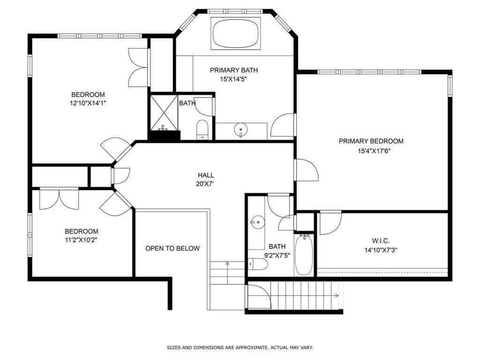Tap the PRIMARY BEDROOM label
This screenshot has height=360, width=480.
tap(371, 141)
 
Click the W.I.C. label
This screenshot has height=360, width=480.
tap(380, 240)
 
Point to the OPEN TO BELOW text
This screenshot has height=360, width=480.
tap(172, 248)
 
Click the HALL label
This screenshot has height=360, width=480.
tap(205, 175)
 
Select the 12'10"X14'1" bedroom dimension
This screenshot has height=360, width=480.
tap(88, 103)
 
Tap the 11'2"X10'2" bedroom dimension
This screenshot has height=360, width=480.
tap(81, 240)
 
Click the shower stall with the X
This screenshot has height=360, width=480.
tap(163, 112)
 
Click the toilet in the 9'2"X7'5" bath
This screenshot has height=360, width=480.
tap(258, 265)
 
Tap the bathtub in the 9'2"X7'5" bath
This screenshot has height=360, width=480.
tap(304, 255)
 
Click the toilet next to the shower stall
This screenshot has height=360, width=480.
tap(202, 128)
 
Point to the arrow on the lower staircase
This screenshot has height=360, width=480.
tap(336, 295)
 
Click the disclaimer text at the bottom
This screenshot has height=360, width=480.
tap(240, 347)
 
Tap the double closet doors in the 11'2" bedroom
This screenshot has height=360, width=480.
tap(59, 199)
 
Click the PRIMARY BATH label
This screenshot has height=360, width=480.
tap(233, 70)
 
